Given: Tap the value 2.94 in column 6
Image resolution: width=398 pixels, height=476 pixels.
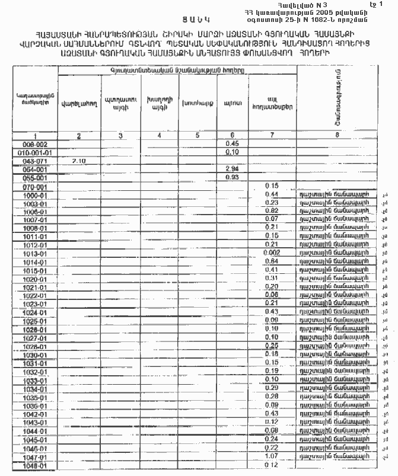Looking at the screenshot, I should point(232,170).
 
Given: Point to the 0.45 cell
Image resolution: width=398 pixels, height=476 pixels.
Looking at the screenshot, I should point(232,144).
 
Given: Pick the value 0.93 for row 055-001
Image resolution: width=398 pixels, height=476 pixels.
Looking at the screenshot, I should point(232,177).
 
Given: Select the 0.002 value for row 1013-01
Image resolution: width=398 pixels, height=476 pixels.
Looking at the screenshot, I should point(270,253).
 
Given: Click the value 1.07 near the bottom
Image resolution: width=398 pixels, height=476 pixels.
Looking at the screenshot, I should point(272,456).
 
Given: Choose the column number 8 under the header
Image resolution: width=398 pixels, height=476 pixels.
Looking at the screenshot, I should point(336,136).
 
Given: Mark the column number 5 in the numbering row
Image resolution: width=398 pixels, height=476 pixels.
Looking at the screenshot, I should point(197,136).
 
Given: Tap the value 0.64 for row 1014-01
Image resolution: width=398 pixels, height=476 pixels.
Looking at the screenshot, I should point(272,261).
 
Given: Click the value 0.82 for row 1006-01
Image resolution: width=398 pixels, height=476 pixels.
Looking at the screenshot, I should point(272,211).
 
